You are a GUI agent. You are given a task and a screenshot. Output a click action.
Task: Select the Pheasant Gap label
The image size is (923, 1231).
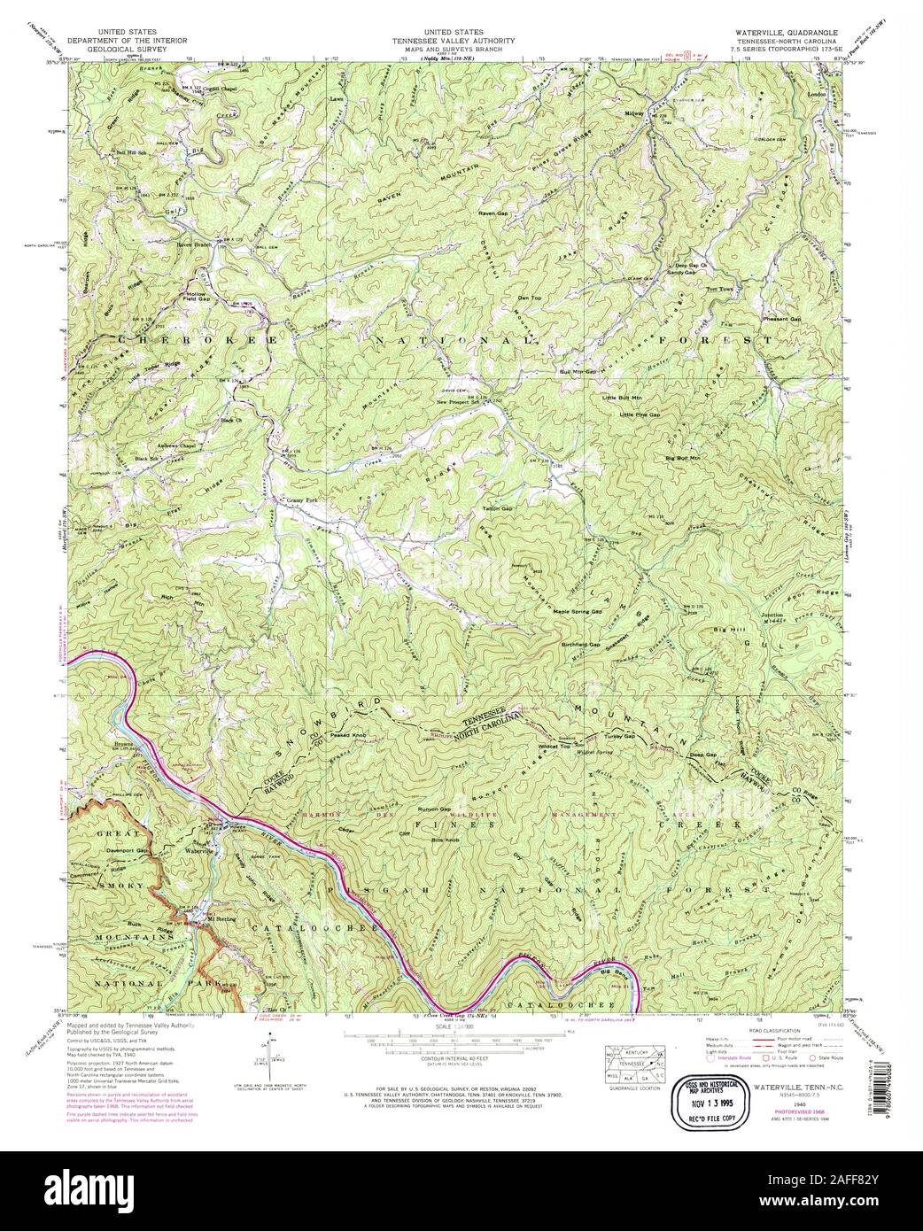781,318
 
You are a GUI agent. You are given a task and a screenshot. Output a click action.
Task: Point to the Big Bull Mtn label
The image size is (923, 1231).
682,458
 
